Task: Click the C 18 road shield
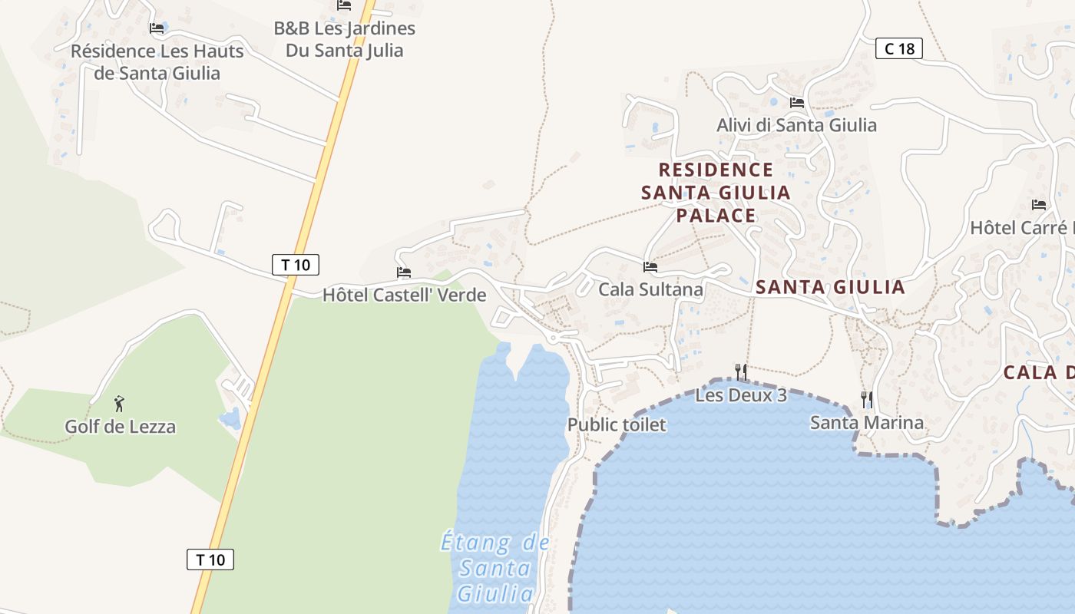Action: coord(899,49)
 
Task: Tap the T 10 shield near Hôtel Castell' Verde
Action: coord(296,265)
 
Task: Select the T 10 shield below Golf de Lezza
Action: coord(210,560)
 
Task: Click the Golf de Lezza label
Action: coord(120,427)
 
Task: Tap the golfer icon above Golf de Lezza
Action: coord(118,403)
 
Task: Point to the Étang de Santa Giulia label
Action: coord(495,568)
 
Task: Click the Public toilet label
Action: coord(617,424)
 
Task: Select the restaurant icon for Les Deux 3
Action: coord(741,372)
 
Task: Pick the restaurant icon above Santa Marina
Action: coord(867,399)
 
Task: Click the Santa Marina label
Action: coord(867,423)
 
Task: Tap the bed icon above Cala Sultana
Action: coord(650,267)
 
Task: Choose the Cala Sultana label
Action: coord(650,289)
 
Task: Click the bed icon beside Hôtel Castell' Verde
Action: coord(404,272)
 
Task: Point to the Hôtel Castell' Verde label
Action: coord(404,295)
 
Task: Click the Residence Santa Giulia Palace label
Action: coord(716,192)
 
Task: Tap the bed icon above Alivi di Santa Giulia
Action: coord(797,102)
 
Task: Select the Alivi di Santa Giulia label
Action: coord(796,125)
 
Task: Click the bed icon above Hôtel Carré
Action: coord(1039,205)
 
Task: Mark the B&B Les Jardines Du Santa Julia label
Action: coord(345,40)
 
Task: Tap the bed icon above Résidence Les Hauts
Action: coord(157,28)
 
